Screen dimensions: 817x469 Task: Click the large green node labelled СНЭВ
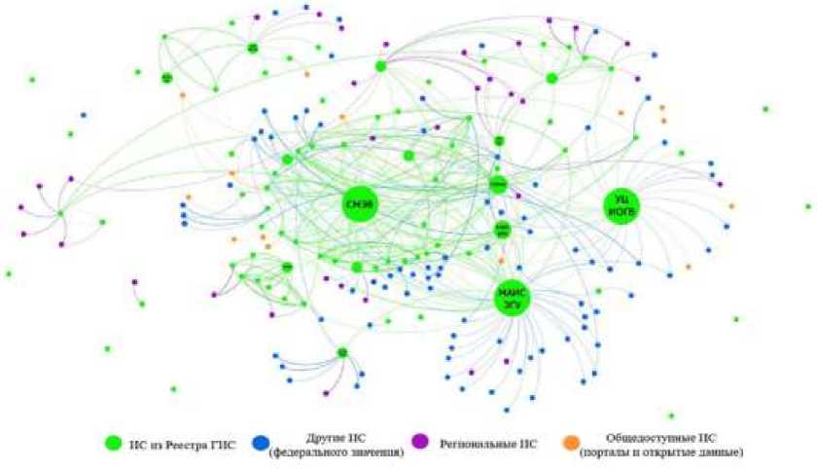tap(359, 203)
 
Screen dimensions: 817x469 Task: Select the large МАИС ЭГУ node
tap(512, 298)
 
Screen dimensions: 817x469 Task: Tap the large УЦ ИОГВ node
tap(622, 206)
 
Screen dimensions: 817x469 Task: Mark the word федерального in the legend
tap(311, 451)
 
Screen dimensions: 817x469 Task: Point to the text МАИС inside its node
tap(512, 292)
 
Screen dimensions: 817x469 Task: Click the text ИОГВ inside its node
tap(622, 212)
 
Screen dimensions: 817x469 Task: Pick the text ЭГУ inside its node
tap(512, 305)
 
